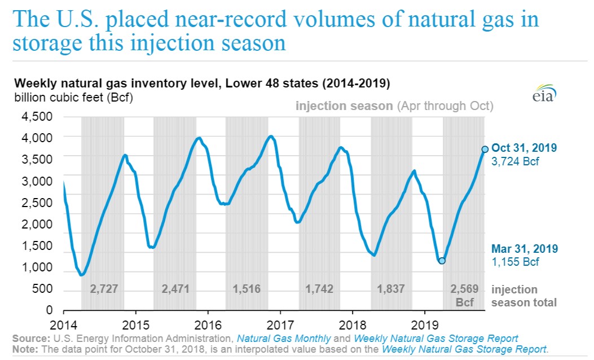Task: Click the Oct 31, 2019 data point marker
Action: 485,149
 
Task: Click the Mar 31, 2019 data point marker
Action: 442,261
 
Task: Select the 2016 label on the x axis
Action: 208,326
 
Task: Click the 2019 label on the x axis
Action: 425,326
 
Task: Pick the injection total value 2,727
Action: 104,289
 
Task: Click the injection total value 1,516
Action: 247,289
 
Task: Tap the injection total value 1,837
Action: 392,289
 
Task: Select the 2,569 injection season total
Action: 465,289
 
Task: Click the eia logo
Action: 544,95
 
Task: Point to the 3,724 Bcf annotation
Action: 515,161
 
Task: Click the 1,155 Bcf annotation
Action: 515,262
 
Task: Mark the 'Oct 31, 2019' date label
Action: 525,148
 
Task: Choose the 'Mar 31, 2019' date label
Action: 525,249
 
